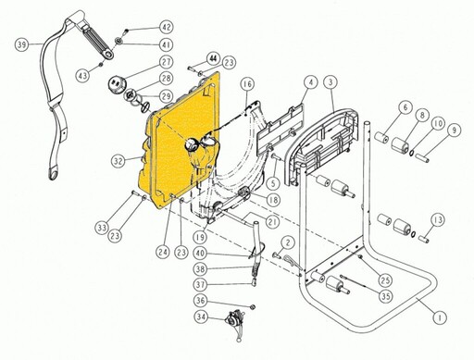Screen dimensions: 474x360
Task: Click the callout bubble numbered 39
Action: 21,44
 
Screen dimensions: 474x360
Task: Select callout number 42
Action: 167,27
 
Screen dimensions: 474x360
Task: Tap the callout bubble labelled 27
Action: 167,62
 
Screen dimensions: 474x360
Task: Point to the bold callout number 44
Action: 214,58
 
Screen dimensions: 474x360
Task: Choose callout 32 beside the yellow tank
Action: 118,161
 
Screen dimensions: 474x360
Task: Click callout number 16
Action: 248,84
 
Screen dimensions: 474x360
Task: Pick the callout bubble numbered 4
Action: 311,82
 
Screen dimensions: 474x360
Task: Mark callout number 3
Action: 331,82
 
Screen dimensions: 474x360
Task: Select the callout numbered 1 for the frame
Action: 440,317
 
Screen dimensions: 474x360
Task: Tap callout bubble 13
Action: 438,220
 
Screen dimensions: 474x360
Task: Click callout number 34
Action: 201,317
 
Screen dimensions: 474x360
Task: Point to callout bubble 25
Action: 385,280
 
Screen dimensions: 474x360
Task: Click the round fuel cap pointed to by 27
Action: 117,83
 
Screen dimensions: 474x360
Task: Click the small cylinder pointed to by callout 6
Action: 382,138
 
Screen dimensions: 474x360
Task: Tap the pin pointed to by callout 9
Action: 421,156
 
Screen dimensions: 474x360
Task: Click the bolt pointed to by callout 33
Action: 134,192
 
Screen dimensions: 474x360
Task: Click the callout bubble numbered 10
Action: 438,124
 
